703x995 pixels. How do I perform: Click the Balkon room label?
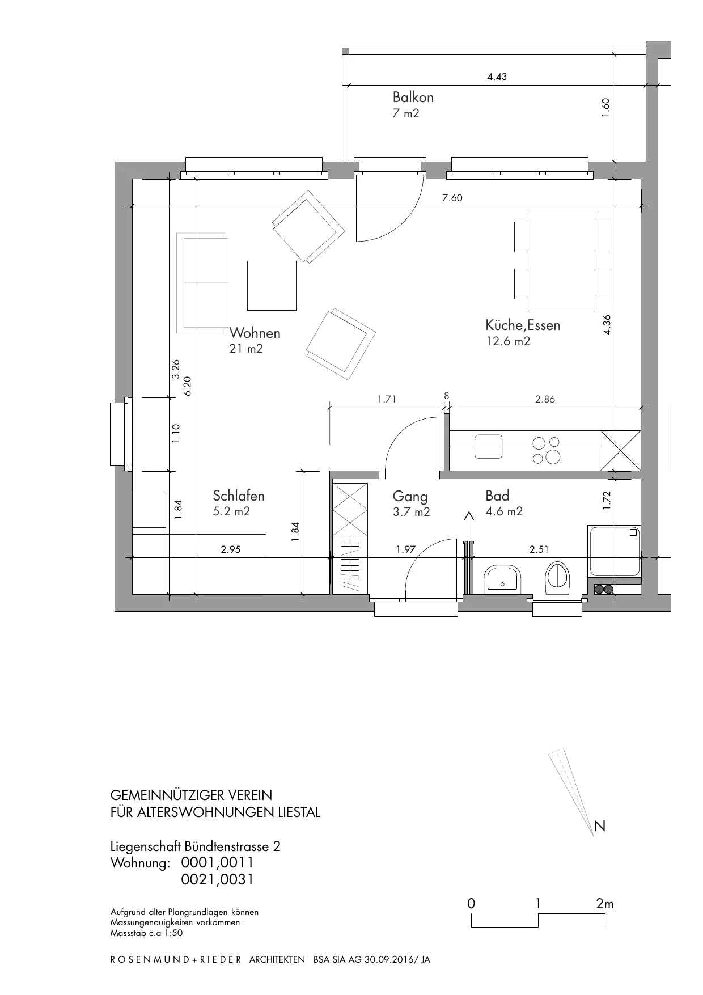pyautogui.click(x=413, y=97)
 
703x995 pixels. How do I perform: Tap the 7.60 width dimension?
pyautogui.click(x=452, y=198)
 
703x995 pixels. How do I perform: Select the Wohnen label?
pyautogui.click(x=255, y=333)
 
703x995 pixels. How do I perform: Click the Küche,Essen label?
pyautogui.click(x=523, y=325)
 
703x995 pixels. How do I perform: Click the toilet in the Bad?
pyautogui.click(x=559, y=578)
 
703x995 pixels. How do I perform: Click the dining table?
pyautogui.click(x=561, y=260)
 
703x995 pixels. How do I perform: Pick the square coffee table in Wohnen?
pyautogui.click(x=272, y=285)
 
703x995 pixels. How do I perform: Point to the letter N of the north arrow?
pyautogui.click(x=600, y=827)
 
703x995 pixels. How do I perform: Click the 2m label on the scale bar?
pyautogui.click(x=605, y=904)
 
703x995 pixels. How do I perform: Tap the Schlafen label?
pyautogui.click(x=239, y=496)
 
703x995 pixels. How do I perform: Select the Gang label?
pyautogui.click(x=410, y=497)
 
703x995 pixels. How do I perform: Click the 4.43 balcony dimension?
pyautogui.click(x=497, y=77)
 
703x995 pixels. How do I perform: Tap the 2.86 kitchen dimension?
pyautogui.click(x=545, y=399)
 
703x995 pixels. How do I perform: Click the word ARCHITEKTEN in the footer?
pyautogui.click(x=277, y=960)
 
